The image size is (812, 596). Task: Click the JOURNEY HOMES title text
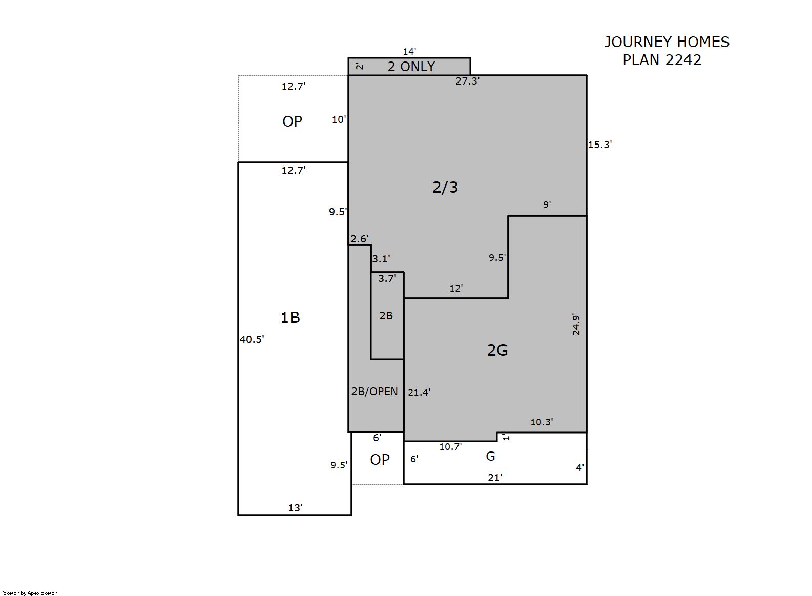[667, 42]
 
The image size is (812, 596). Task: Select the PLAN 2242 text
[662, 60]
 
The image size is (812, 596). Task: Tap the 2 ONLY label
[411, 67]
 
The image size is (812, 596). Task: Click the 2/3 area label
[445, 188]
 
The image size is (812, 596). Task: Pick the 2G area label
[497, 350]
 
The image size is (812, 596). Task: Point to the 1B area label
[290, 318]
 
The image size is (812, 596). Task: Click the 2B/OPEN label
[374, 392]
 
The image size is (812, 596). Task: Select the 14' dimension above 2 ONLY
[409, 51]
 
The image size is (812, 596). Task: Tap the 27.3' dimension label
[468, 81]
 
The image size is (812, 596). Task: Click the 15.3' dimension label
[600, 145]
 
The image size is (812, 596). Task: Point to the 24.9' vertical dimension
[576, 324]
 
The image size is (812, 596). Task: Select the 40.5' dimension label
[252, 339]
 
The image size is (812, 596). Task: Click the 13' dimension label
[296, 508]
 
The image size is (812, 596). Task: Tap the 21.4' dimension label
[419, 392]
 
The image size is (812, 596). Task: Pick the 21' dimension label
[495, 478]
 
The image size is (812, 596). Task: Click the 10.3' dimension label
[542, 422]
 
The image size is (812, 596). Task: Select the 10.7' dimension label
[451, 447]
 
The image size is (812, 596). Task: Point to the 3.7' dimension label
[387, 278]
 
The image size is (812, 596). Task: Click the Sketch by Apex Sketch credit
[30, 593]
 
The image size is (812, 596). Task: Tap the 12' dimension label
[456, 289]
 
